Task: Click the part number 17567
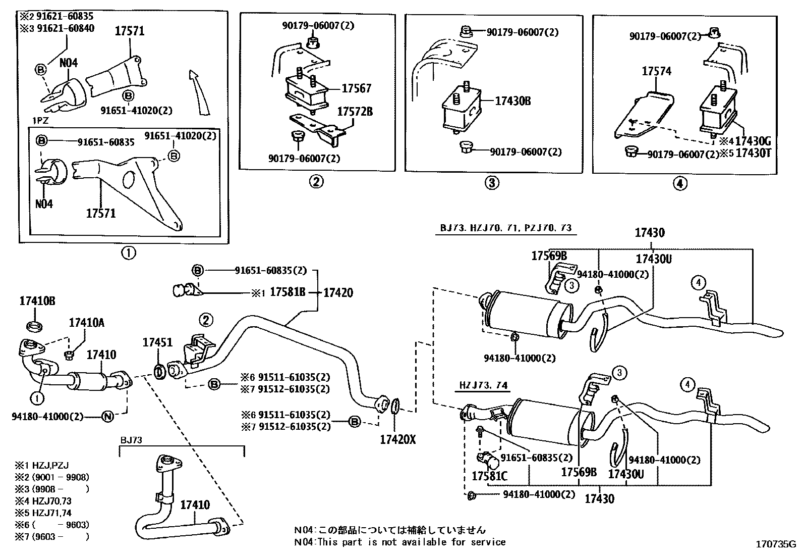(x=356, y=88)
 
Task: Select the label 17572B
(x=355, y=112)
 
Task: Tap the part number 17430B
(x=512, y=101)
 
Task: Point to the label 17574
(x=656, y=71)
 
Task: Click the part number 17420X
(x=397, y=439)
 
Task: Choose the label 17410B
(x=37, y=301)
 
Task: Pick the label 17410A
(x=86, y=322)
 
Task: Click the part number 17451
(x=157, y=342)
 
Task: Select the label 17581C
(x=489, y=476)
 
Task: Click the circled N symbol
(x=107, y=417)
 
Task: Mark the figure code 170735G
(x=775, y=544)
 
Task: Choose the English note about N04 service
(x=399, y=542)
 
